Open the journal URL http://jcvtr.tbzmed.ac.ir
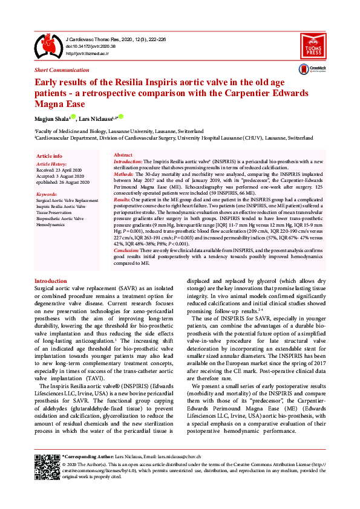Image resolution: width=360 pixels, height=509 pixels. pos(90,53)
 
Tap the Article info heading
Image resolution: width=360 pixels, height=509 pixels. pos(49,156)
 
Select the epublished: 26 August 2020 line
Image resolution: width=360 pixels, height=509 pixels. pos(63,182)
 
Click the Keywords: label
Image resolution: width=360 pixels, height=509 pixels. pos(47,194)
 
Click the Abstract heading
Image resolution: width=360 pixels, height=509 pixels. pos(123,155)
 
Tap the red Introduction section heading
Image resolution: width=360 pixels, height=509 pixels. pos(51,281)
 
